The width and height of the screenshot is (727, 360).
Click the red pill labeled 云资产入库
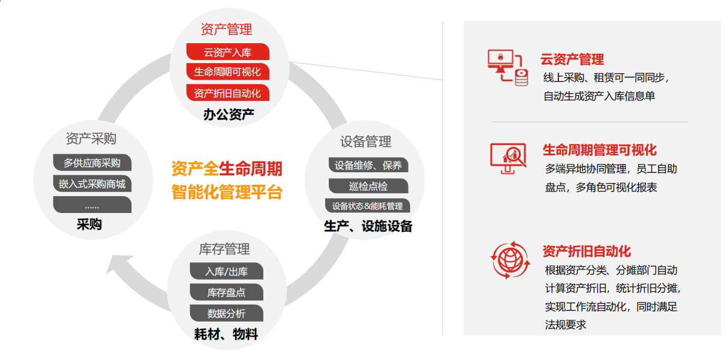(227, 52)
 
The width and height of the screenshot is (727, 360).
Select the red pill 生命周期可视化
(227, 71)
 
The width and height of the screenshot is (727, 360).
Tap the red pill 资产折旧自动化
(227, 93)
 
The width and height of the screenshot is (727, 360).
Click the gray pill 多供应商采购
(92, 163)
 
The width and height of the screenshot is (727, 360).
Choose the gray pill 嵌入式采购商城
(92, 184)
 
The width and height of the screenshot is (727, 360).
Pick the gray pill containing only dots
(92, 205)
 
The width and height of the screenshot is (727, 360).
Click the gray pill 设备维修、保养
(368, 165)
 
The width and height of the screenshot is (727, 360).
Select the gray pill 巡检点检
(368, 186)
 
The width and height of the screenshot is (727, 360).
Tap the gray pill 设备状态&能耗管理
(367, 205)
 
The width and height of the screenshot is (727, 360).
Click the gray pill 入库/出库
(227, 271)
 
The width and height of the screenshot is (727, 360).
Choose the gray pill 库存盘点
(227, 292)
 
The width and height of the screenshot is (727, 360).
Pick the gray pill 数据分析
(227, 313)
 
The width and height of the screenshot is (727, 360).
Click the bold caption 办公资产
(229, 114)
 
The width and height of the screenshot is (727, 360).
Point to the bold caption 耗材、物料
(226, 334)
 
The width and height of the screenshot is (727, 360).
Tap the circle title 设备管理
(366, 142)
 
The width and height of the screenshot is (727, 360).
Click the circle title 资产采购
(91, 139)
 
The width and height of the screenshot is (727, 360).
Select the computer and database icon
(508, 68)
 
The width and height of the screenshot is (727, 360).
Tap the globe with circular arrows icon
(510, 260)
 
